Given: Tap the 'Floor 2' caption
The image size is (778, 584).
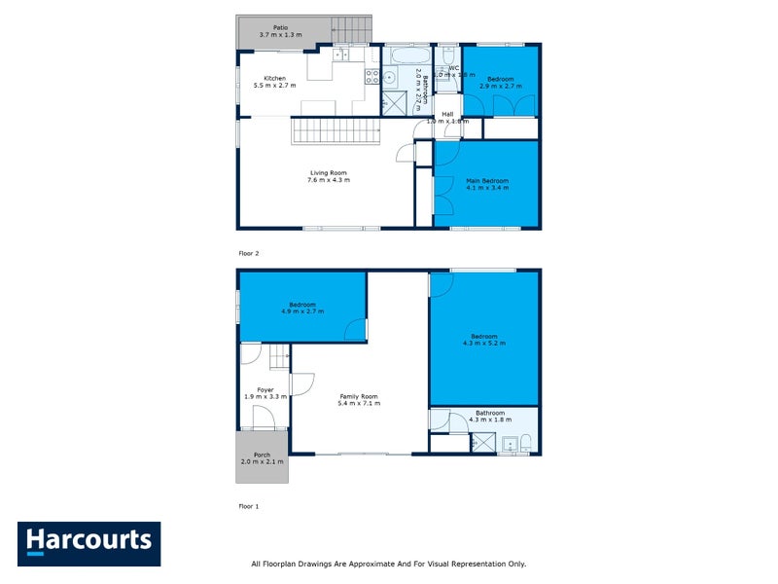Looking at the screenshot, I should coord(249,253).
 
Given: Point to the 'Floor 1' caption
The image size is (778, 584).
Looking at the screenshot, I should coord(249,506).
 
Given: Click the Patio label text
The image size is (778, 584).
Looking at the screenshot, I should coord(280,28).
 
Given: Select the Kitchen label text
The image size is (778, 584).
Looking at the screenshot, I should coord(275,78).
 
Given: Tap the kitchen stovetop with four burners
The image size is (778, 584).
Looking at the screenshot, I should coord(371,76).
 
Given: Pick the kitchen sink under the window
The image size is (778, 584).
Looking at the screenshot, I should coord(339,55).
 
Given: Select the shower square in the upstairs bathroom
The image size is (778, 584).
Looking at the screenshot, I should coord(395,102).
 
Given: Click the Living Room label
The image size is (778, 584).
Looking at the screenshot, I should coord(328,173).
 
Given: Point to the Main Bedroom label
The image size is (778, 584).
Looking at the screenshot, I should coord(487,181).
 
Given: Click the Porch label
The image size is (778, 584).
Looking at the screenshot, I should coord(262,455).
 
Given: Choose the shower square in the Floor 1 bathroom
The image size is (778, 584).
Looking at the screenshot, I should coord(482,444).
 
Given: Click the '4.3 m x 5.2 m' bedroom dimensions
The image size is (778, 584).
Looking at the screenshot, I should coord(484,343).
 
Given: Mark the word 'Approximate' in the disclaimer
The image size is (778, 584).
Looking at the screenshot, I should coord(378,564).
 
